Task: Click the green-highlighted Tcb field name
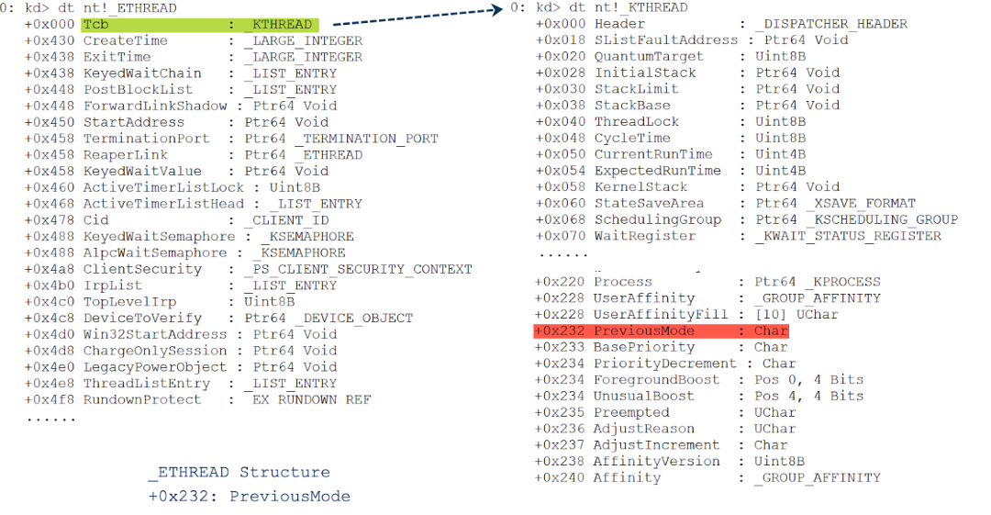pyautogui.click(x=95, y=25)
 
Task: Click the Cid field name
pyautogui.click(x=95, y=220)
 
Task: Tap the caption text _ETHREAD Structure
pyautogui.click(x=239, y=473)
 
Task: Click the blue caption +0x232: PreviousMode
pyautogui.click(x=250, y=497)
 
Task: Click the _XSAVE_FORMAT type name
pyautogui.click(x=862, y=203)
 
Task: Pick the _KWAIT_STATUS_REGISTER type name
pyautogui.click(x=849, y=236)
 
